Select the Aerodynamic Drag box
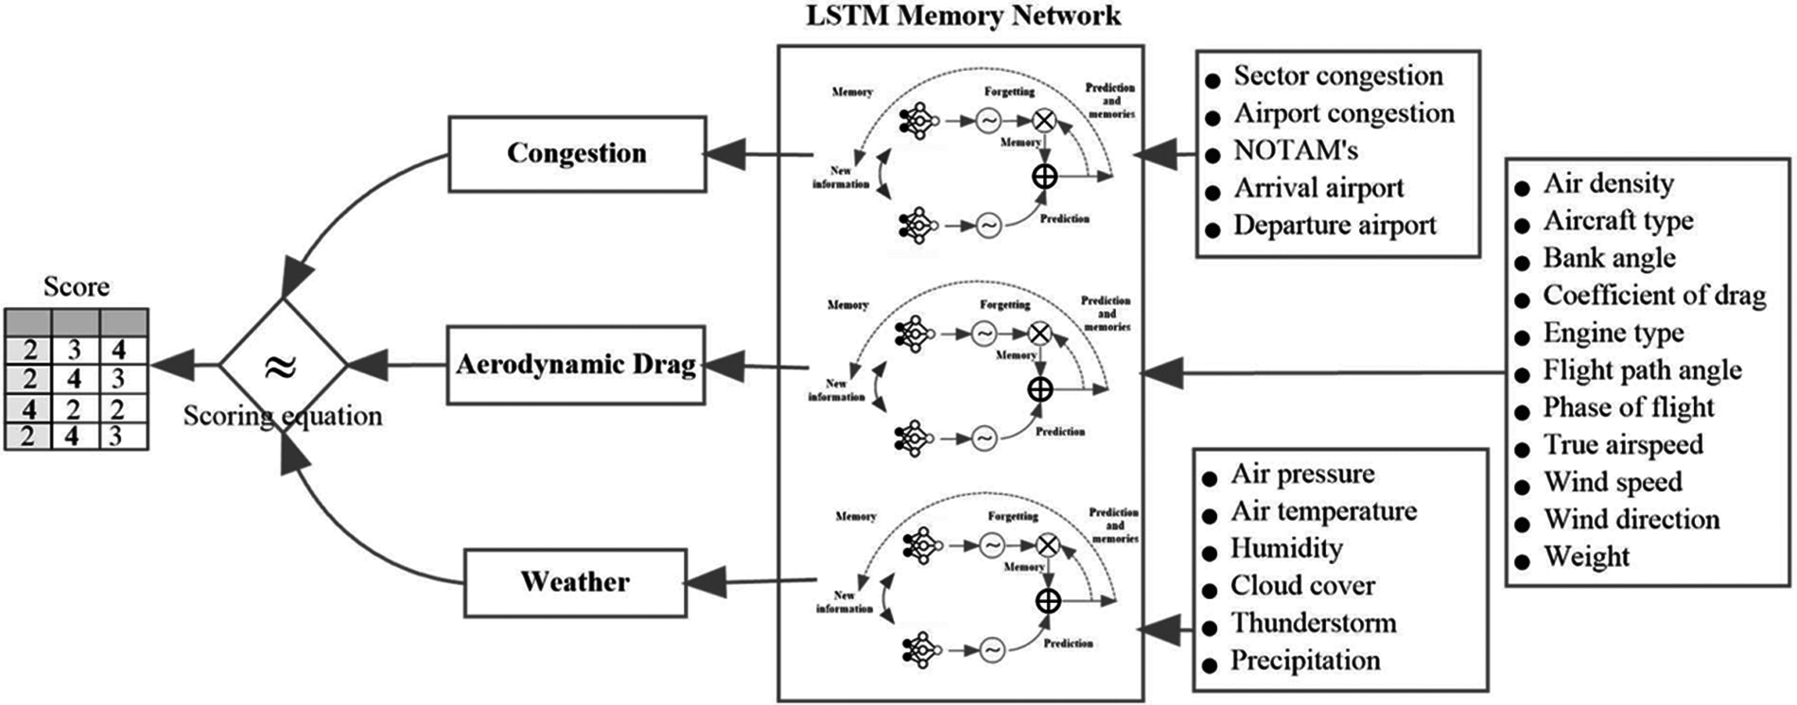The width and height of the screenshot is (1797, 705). click(x=576, y=365)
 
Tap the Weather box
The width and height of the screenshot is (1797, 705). click(x=575, y=582)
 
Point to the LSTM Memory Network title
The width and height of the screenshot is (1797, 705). click(x=963, y=15)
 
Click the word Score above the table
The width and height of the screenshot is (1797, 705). click(x=76, y=287)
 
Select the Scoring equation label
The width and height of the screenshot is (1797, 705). click(x=282, y=416)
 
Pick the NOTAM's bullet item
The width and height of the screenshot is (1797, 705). click(x=1295, y=151)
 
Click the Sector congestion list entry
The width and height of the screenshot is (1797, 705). click(x=1338, y=76)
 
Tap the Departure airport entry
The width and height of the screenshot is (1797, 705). click(x=1335, y=225)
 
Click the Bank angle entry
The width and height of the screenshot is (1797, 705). click(x=1609, y=258)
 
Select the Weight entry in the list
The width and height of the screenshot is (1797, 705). click(x=1587, y=557)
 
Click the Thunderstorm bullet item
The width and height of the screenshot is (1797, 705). click(x=1313, y=623)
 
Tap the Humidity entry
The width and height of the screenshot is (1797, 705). click(x=1286, y=548)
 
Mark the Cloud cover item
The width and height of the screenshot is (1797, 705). click(x=1302, y=586)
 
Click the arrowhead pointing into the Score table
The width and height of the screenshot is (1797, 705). click(x=171, y=365)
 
